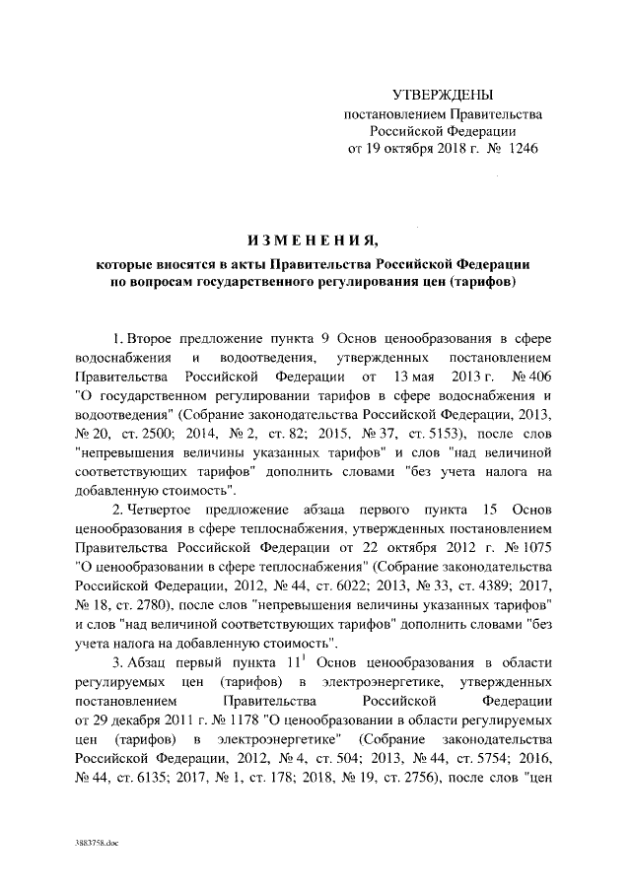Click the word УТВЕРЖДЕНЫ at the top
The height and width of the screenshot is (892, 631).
point(443,95)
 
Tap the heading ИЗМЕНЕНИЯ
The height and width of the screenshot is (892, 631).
point(314,242)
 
